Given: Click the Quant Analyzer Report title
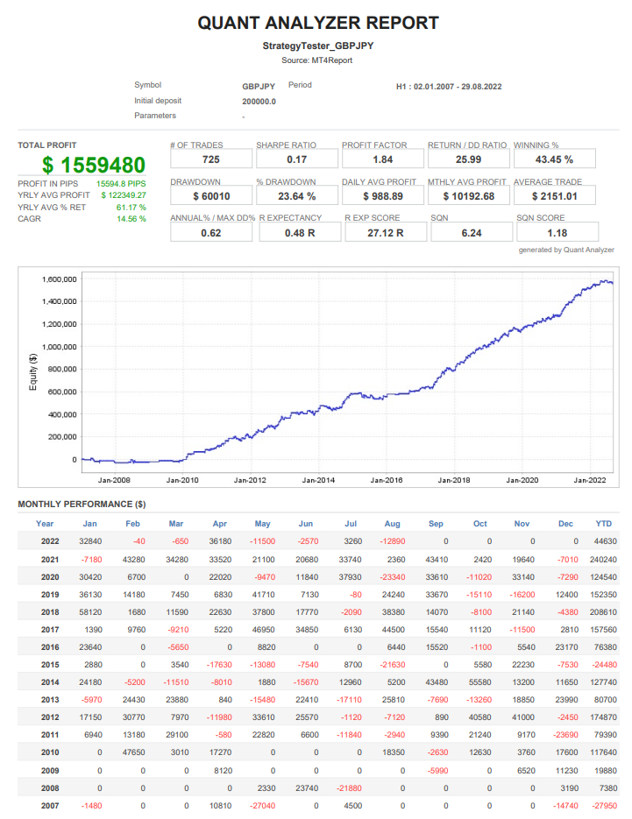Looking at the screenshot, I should pyautogui.click(x=318, y=23).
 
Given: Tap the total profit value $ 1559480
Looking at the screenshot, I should pyautogui.click(x=94, y=165).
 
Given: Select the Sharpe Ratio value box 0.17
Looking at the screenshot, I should pyautogui.click(x=296, y=159).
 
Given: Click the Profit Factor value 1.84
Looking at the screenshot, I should pyautogui.click(x=382, y=159).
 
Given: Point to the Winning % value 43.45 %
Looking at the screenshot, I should pyautogui.click(x=554, y=159).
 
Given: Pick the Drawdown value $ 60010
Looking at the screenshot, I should pyautogui.click(x=211, y=196).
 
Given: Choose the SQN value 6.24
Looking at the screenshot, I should pyautogui.click(x=469, y=233).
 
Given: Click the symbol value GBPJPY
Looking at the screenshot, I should pyautogui.click(x=259, y=87).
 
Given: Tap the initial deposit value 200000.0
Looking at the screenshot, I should pyautogui.click(x=259, y=102).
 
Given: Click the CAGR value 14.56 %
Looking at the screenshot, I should pyautogui.click(x=131, y=219).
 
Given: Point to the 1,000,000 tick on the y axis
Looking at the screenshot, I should pyautogui.click(x=60, y=347).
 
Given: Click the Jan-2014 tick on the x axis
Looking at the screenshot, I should pyautogui.click(x=318, y=480).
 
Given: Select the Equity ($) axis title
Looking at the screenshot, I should pyautogui.click(x=33, y=371).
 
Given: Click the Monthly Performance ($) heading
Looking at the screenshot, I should pyautogui.click(x=82, y=505).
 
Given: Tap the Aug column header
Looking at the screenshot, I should pyautogui.click(x=392, y=524).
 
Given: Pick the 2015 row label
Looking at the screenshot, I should pyautogui.click(x=51, y=665).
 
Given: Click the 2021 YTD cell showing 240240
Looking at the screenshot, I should pyautogui.click(x=601, y=559).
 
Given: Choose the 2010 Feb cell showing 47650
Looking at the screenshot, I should pyautogui.click(x=133, y=752).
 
